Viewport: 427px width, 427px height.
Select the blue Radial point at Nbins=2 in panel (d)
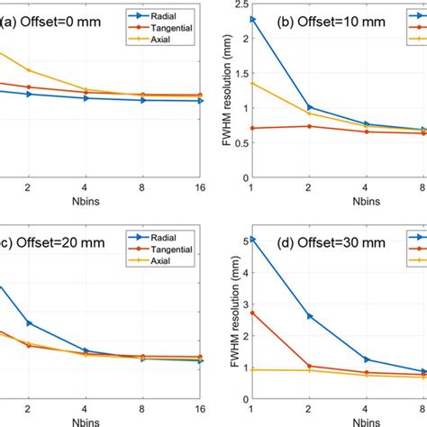click(x=311, y=316)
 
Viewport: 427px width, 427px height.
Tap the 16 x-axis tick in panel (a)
click(x=198, y=186)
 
